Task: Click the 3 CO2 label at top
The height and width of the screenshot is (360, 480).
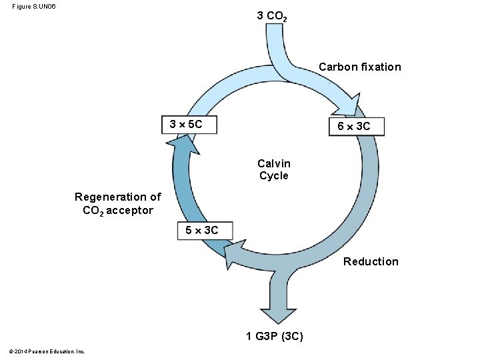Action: (x=272, y=16)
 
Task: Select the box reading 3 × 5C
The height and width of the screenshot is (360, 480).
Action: (x=189, y=125)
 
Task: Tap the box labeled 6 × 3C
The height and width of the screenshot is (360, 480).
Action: (x=356, y=127)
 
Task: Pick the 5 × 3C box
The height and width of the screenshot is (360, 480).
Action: (x=205, y=231)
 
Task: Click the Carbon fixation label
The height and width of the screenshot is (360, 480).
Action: (x=360, y=67)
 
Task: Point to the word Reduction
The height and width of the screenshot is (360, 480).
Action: (x=371, y=261)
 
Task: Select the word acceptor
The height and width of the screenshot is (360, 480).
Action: (x=129, y=211)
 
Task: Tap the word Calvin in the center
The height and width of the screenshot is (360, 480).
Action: (x=274, y=163)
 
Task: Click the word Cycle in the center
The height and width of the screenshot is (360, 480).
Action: (x=274, y=176)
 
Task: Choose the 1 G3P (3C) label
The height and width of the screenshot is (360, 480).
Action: (x=275, y=336)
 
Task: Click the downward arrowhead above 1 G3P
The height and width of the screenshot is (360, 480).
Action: (x=278, y=315)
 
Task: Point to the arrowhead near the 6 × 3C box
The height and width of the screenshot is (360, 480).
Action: (x=349, y=105)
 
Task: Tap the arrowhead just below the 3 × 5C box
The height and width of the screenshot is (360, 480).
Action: (x=183, y=145)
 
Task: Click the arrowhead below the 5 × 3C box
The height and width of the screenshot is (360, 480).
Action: (x=234, y=255)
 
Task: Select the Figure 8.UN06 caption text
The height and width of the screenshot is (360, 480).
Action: (x=34, y=7)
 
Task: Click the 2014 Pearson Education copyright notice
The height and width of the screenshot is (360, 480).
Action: (x=47, y=351)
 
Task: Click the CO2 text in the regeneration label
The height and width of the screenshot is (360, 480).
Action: (x=93, y=211)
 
